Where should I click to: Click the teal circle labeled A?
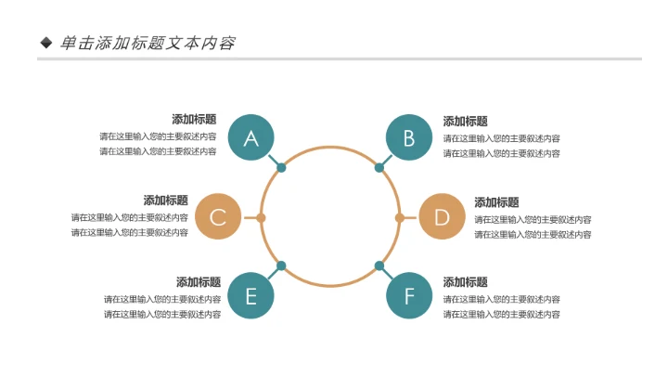pyautogui.click(x=250, y=138)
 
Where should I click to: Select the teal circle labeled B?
pyautogui.click(x=409, y=138)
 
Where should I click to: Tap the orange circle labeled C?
pyautogui.click(x=218, y=217)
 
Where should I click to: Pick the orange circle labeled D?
pyautogui.click(x=442, y=217)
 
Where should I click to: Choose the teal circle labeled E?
pyautogui.click(x=250, y=296)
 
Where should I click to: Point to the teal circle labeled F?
pyautogui.click(x=409, y=296)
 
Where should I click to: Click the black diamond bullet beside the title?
pyautogui.click(x=46, y=43)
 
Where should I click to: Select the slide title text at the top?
pyautogui.click(x=148, y=43)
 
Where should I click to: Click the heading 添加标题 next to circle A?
pyautogui.click(x=194, y=120)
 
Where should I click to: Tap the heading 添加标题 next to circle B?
pyautogui.click(x=465, y=121)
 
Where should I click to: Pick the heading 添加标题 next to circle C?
pyautogui.click(x=165, y=201)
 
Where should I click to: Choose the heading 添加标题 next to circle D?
pyautogui.click(x=496, y=202)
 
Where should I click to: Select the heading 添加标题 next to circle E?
pyautogui.click(x=199, y=282)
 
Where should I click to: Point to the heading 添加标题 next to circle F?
pyautogui.click(x=465, y=282)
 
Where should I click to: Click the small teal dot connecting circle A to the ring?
pyautogui.click(x=281, y=168)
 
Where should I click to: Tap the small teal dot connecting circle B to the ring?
pyautogui.click(x=379, y=168)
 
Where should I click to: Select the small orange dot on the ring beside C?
pyautogui.click(x=262, y=218)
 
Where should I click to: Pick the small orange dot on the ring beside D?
pyautogui.click(x=399, y=218)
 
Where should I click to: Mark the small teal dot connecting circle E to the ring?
pyautogui.click(x=281, y=266)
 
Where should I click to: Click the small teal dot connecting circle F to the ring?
pyautogui.click(x=379, y=266)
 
